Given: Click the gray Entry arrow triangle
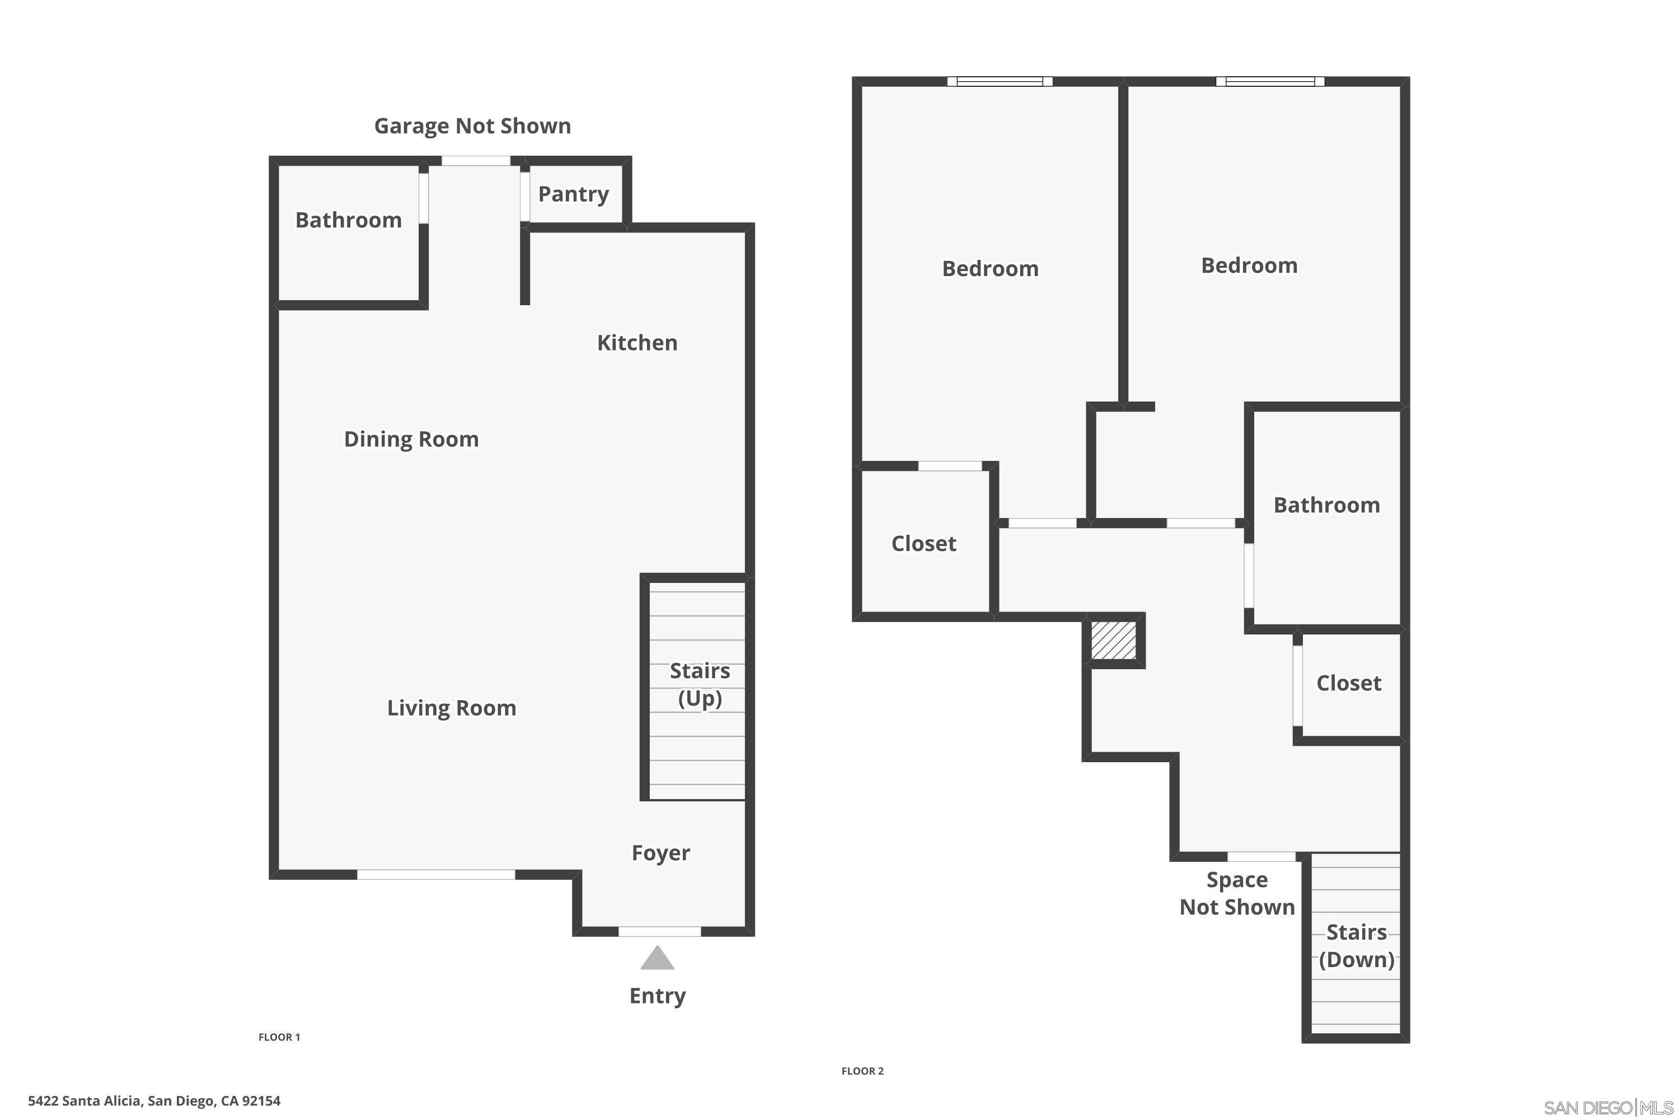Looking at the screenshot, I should (x=656, y=959).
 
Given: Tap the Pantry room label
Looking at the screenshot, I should (x=573, y=194).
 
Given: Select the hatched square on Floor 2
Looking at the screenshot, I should (x=1113, y=640).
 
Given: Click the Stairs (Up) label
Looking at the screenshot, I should (x=699, y=684).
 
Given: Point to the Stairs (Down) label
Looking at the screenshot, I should (x=1356, y=946).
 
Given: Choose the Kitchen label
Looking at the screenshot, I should (x=637, y=343).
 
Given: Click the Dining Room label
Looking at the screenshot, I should (x=411, y=439).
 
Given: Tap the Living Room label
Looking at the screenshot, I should (x=451, y=708).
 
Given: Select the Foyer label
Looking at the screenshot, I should (x=660, y=853).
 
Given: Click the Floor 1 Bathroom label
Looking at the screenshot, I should (x=348, y=220).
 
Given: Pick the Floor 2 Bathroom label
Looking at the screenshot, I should (x=1326, y=505).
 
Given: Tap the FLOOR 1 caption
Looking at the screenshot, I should (x=279, y=1037).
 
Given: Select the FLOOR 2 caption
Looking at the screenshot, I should (x=862, y=1071).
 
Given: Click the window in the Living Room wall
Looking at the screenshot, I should (x=435, y=874).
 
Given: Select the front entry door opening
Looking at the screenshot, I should (x=659, y=931).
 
